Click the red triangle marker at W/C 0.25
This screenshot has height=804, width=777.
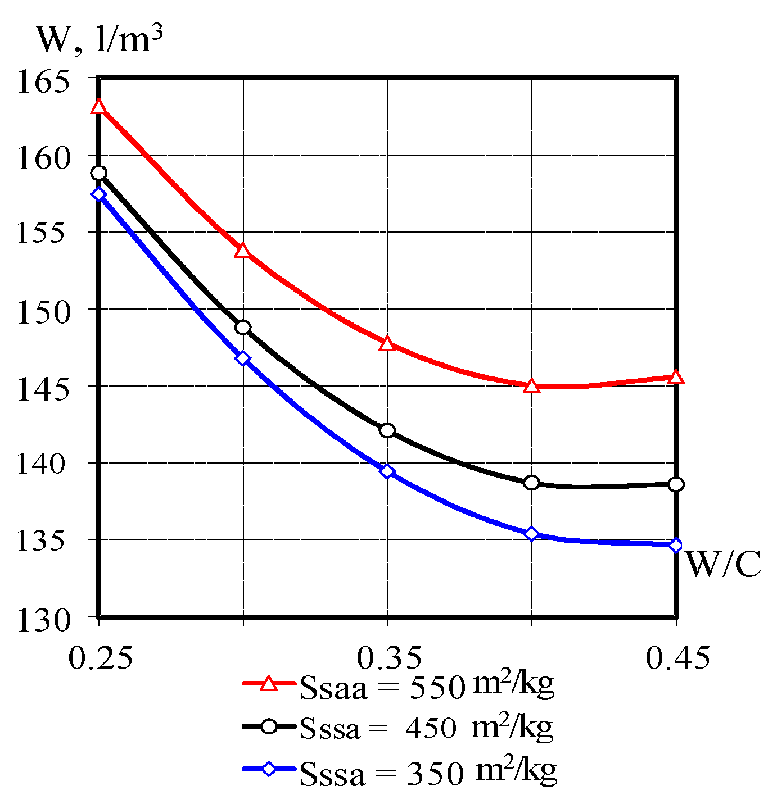pyautogui.click(x=99, y=106)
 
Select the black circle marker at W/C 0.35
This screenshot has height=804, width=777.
pyautogui.click(x=387, y=431)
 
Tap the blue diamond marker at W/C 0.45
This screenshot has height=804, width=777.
pyautogui.click(x=676, y=545)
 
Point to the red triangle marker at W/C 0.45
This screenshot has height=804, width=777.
pyautogui.click(x=676, y=377)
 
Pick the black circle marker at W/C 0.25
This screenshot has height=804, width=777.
pyautogui.click(x=99, y=173)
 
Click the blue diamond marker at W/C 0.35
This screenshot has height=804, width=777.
pyautogui.click(x=387, y=471)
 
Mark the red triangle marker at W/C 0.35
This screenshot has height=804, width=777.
pyautogui.click(x=387, y=343)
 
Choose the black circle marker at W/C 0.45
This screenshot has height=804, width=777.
pyautogui.click(x=676, y=484)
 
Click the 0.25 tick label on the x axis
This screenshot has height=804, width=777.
pyautogui.click(x=100, y=657)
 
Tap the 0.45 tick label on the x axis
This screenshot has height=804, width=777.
pyautogui.click(x=677, y=657)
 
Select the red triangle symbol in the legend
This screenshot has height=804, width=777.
pyautogui.click(x=269, y=683)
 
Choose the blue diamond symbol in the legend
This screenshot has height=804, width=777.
pyautogui.click(x=269, y=769)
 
